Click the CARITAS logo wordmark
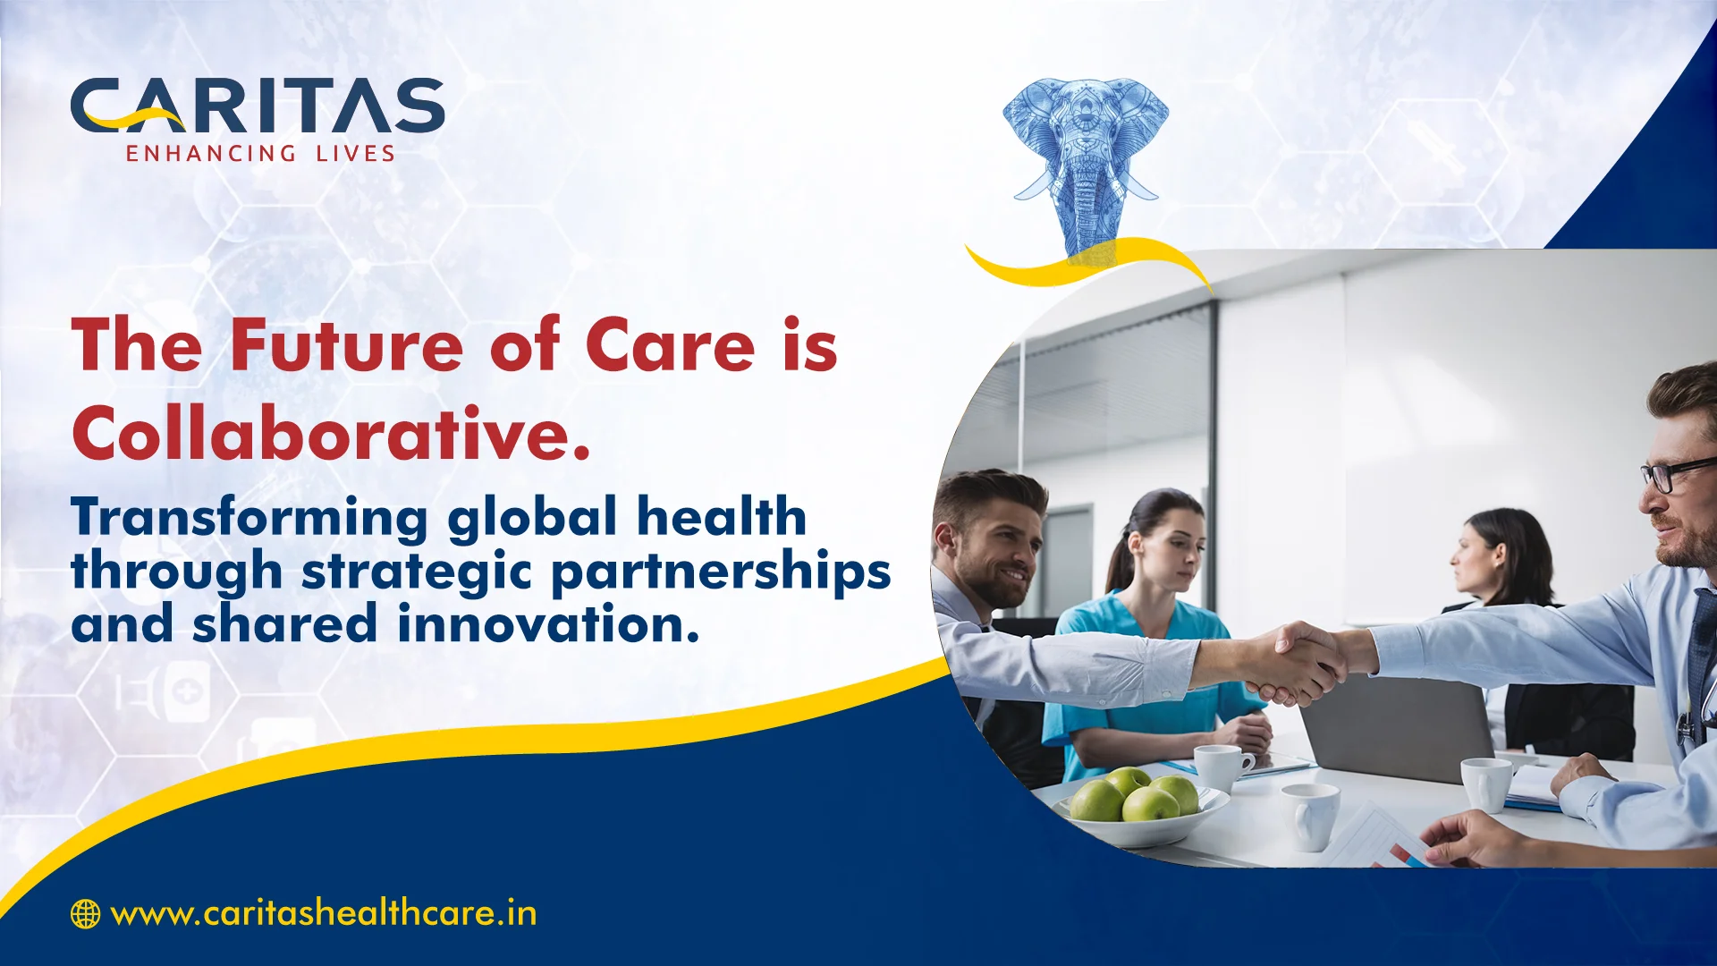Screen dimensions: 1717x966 pos(258,106)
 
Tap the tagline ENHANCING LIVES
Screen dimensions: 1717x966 pos(260,154)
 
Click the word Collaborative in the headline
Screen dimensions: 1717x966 pos(331,435)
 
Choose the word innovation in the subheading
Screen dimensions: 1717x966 pos(548,623)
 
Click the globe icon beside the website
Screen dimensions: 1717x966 pos(85,914)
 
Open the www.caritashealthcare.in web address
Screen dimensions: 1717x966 pos(324,914)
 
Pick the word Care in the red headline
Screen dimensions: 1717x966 pos(671,345)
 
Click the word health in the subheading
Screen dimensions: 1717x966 pos(722,517)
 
